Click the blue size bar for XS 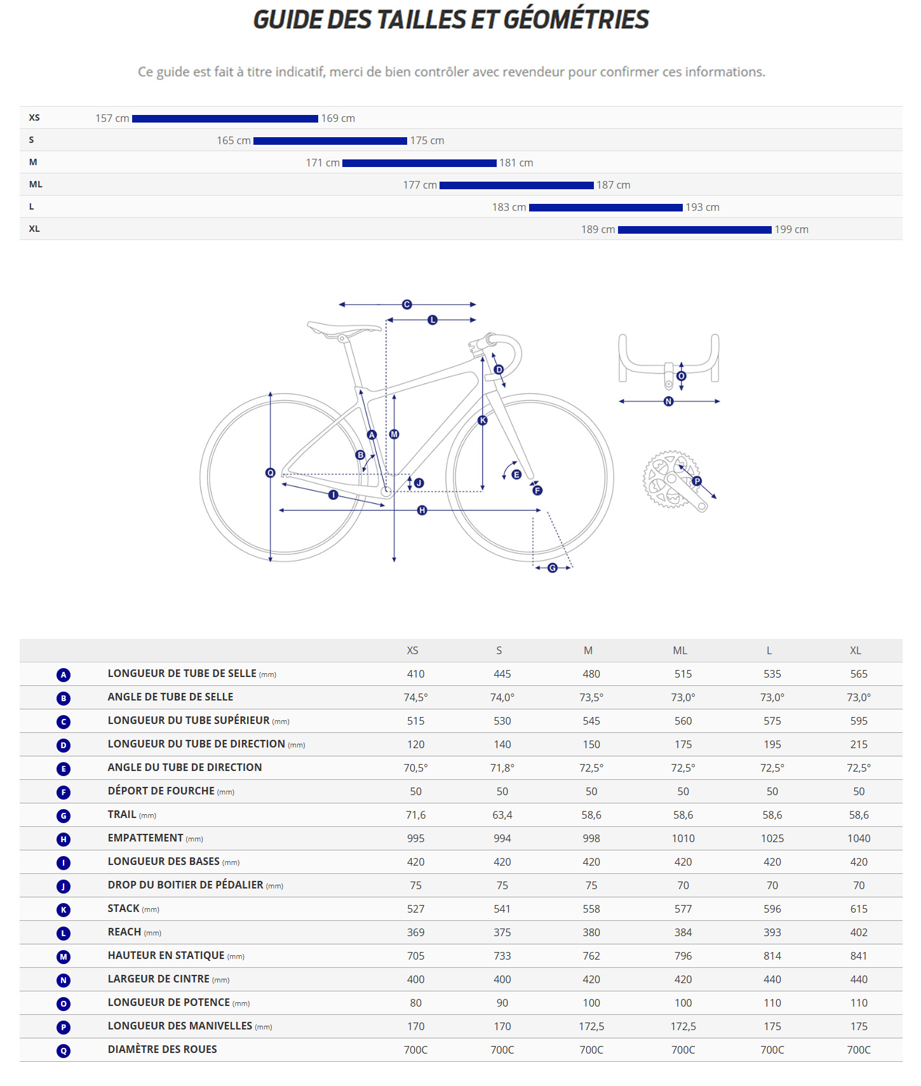pos(225,119)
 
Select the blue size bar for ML pos(516,185)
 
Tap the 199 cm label pos(791,230)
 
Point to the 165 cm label pos(234,141)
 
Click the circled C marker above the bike pos(407,305)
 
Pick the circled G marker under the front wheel pos(553,568)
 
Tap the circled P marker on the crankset pos(697,481)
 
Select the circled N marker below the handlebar pos(668,401)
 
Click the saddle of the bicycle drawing pos(343,328)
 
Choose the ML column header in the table pos(680,651)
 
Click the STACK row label pos(124,909)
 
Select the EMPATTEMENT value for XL pos(859,839)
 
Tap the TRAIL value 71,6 pos(416,815)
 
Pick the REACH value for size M pos(591,933)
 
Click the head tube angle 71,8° pos(502,768)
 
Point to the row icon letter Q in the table pos(64,1051)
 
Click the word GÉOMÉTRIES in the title pos(576,20)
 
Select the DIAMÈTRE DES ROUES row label pos(163,1050)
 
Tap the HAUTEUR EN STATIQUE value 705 pos(416,956)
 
